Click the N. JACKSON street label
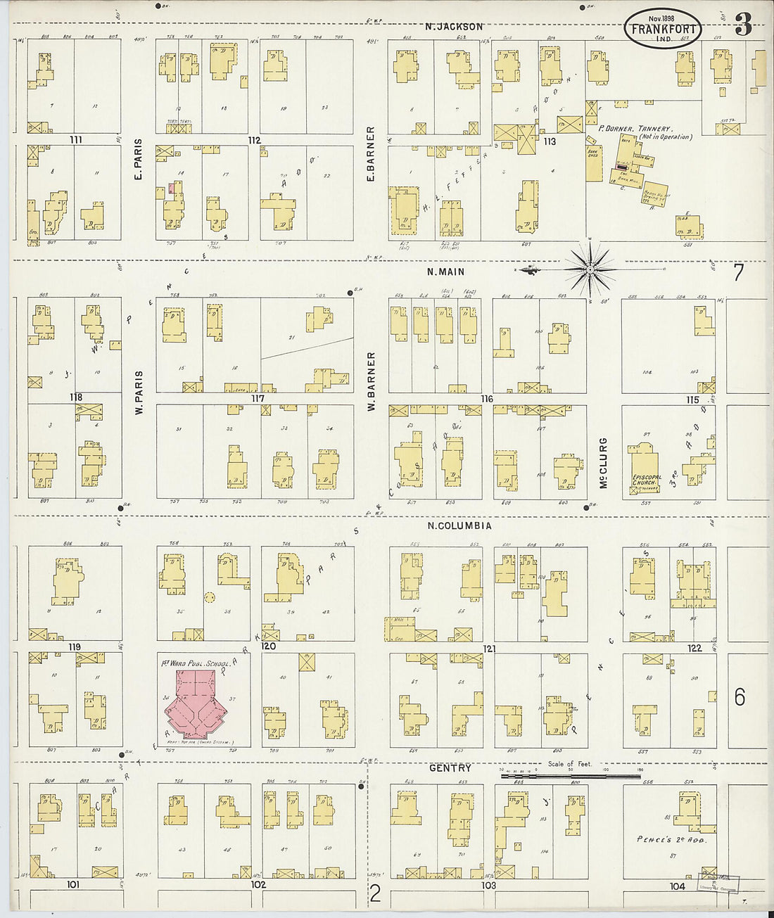454,27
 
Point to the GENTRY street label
450,768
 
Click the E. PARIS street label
138,160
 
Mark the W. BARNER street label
371,381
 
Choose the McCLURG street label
603,463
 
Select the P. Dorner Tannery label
645,132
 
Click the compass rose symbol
590,269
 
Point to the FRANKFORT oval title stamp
663,29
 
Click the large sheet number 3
743,26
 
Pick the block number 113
550,141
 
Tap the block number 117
258,398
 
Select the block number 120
268,646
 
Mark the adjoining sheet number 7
737,273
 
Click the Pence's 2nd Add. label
671,839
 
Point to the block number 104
677,886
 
